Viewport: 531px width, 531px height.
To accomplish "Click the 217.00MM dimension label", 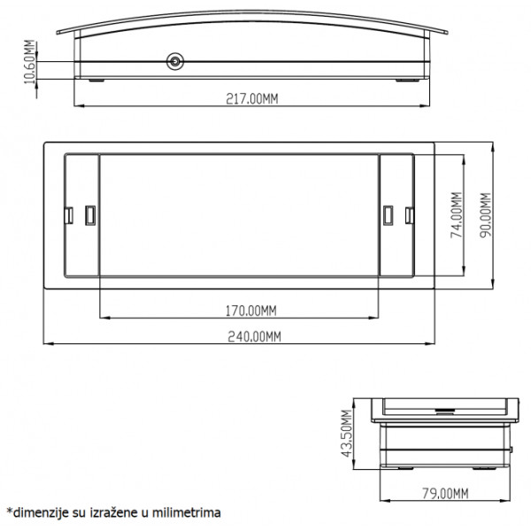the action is [x=252, y=99].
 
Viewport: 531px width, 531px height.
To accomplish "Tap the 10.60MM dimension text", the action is [x=29, y=62].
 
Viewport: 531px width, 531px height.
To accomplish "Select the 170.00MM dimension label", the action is [x=251, y=311].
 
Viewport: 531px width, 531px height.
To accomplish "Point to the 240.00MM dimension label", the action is [x=254, y=336].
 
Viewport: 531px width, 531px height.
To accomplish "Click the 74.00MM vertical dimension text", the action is [x=457, y=215].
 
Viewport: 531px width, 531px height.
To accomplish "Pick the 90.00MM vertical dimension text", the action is [x=486, y=215].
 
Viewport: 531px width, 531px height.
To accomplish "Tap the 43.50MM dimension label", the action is [x=346, y=434].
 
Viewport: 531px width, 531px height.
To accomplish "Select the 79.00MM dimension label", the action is [x=445, y=494].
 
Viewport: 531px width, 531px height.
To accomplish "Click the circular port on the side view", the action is [x=175, y=62].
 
